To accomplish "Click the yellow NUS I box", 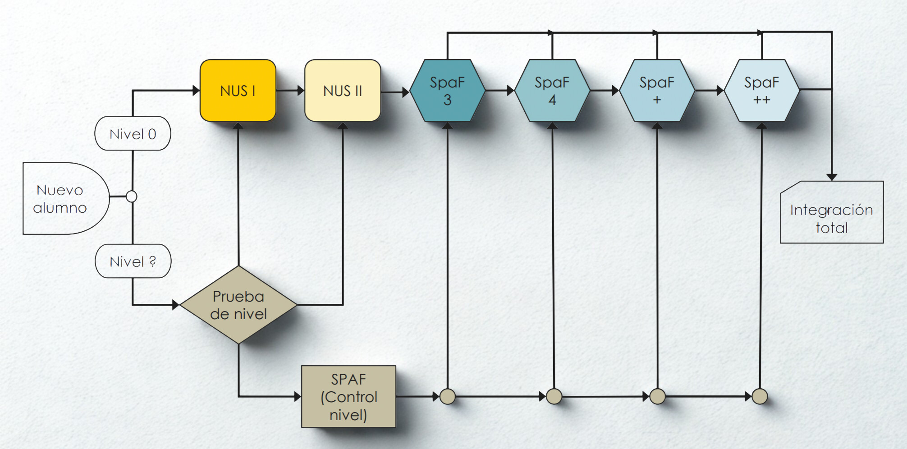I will coord(238,91).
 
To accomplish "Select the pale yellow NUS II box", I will coord(343,91).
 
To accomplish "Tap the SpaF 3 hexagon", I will coord(447,91).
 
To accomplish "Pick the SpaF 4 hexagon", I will coord(552,91).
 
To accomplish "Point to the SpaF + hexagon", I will coord(657,91).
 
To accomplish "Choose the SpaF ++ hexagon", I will coord(761,91).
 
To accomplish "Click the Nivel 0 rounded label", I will coord(133,134).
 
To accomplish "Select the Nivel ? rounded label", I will coord(133,261).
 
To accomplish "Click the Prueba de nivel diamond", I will coord(238,305).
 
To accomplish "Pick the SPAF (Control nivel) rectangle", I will coord(348,397).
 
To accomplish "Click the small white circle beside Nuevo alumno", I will coord(132,197).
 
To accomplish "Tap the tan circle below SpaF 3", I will coord(448,397).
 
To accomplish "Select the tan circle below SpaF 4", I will coord(554,397).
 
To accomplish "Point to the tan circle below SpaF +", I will coord(658,397).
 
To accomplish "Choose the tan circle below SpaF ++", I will coord(760,397).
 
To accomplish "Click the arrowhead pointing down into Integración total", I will coord(832,177).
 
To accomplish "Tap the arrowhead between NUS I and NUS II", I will coord(301,91).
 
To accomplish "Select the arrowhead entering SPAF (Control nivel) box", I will coord(298,397).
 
